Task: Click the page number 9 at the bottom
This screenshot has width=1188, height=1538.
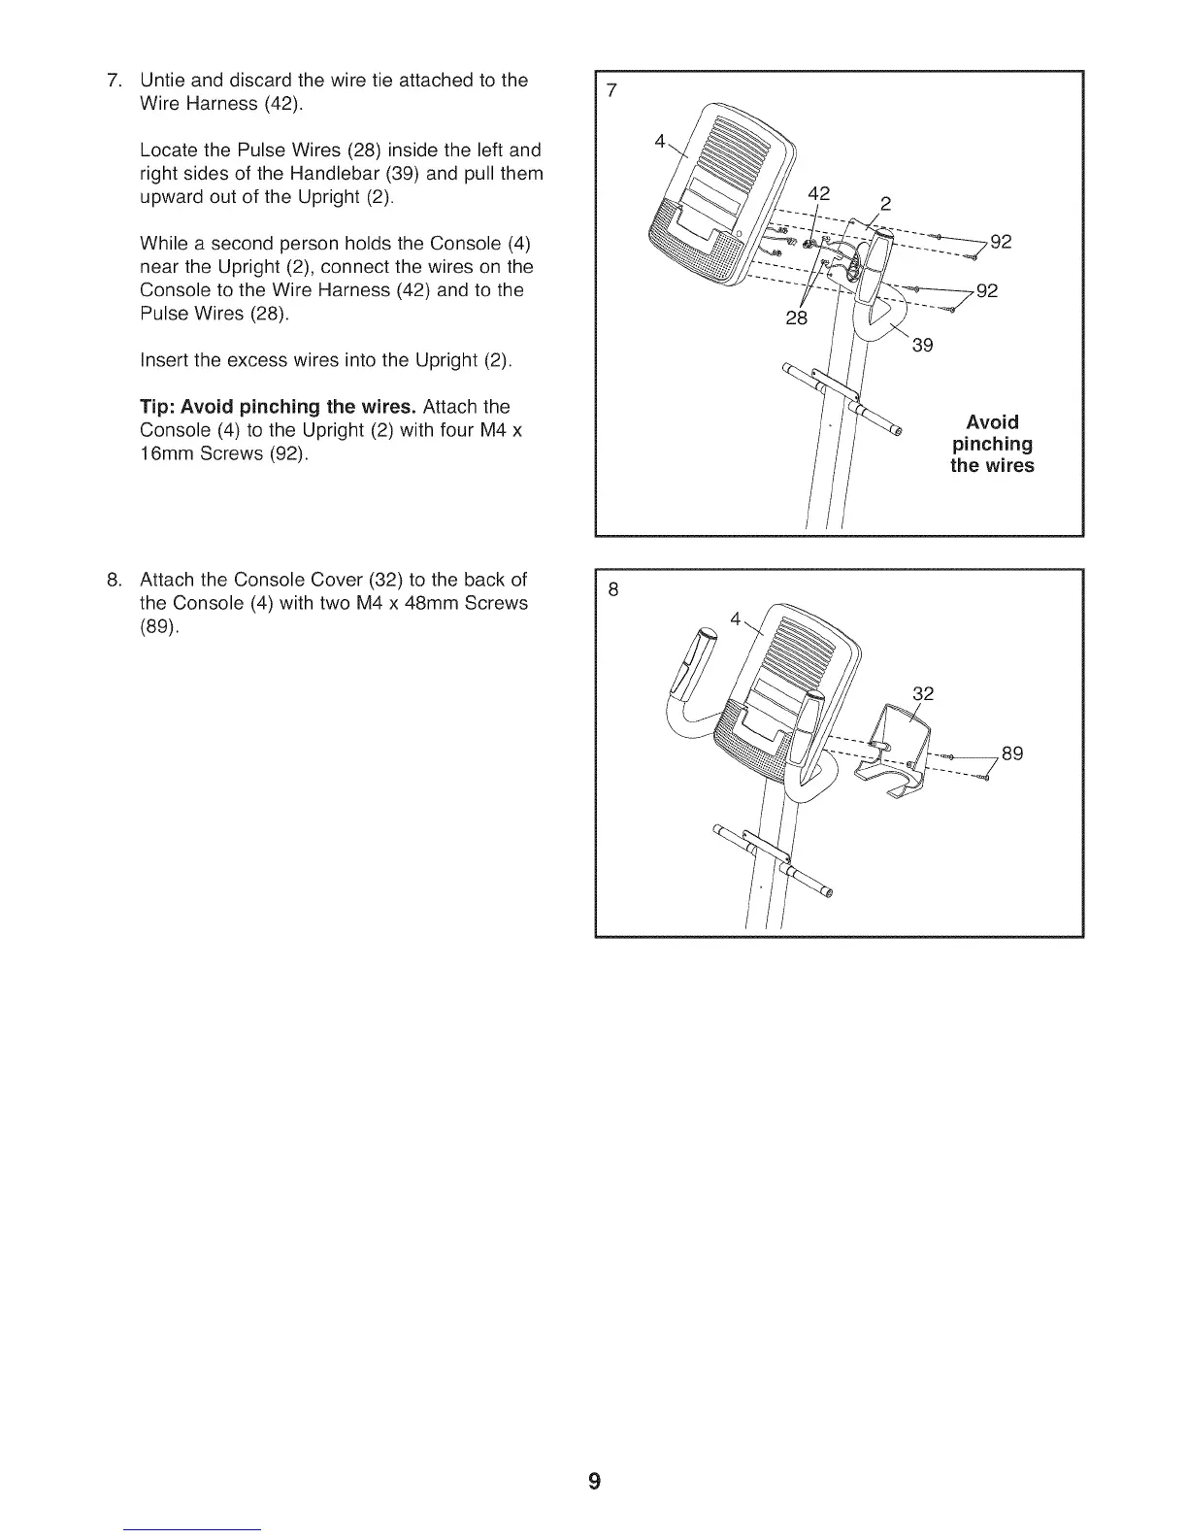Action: (594, 1481)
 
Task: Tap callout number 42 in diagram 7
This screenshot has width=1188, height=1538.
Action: (820, 193)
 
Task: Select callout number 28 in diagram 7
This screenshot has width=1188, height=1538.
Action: (796, 318)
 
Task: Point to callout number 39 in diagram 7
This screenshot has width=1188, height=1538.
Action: (922, 344)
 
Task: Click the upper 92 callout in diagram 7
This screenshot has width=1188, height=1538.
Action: (1001, 242)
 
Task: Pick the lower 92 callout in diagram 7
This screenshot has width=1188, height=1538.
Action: (987, 290)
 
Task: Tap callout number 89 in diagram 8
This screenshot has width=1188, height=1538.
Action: (1012, 753)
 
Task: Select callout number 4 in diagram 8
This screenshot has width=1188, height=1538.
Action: (735, 618)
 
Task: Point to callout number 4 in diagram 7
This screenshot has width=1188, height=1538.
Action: (660, 141)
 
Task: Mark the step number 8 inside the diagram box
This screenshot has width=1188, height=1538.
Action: (611, 589)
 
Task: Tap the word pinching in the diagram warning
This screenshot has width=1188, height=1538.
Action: (992, 444)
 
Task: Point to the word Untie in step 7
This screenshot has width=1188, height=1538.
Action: (163, 80)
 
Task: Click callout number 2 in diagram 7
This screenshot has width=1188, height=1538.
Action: (884, 204)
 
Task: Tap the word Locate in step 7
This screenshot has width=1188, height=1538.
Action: (170, 150)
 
